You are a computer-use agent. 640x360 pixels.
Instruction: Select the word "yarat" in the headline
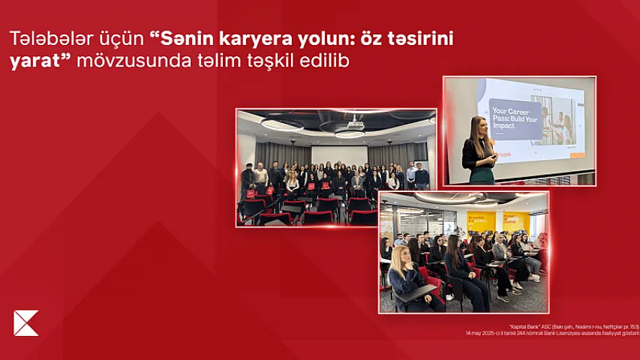(x=32, y=61)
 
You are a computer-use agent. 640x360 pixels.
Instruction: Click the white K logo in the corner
(x=26, y=322)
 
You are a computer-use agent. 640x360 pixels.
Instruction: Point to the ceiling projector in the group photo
(x=356, y=124)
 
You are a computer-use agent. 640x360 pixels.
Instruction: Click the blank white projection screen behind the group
(x=339, y=153)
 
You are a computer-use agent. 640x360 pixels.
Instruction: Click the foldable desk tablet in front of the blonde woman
(x=413, y=293)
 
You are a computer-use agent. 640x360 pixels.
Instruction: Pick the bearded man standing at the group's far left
(x=248, y=178)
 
